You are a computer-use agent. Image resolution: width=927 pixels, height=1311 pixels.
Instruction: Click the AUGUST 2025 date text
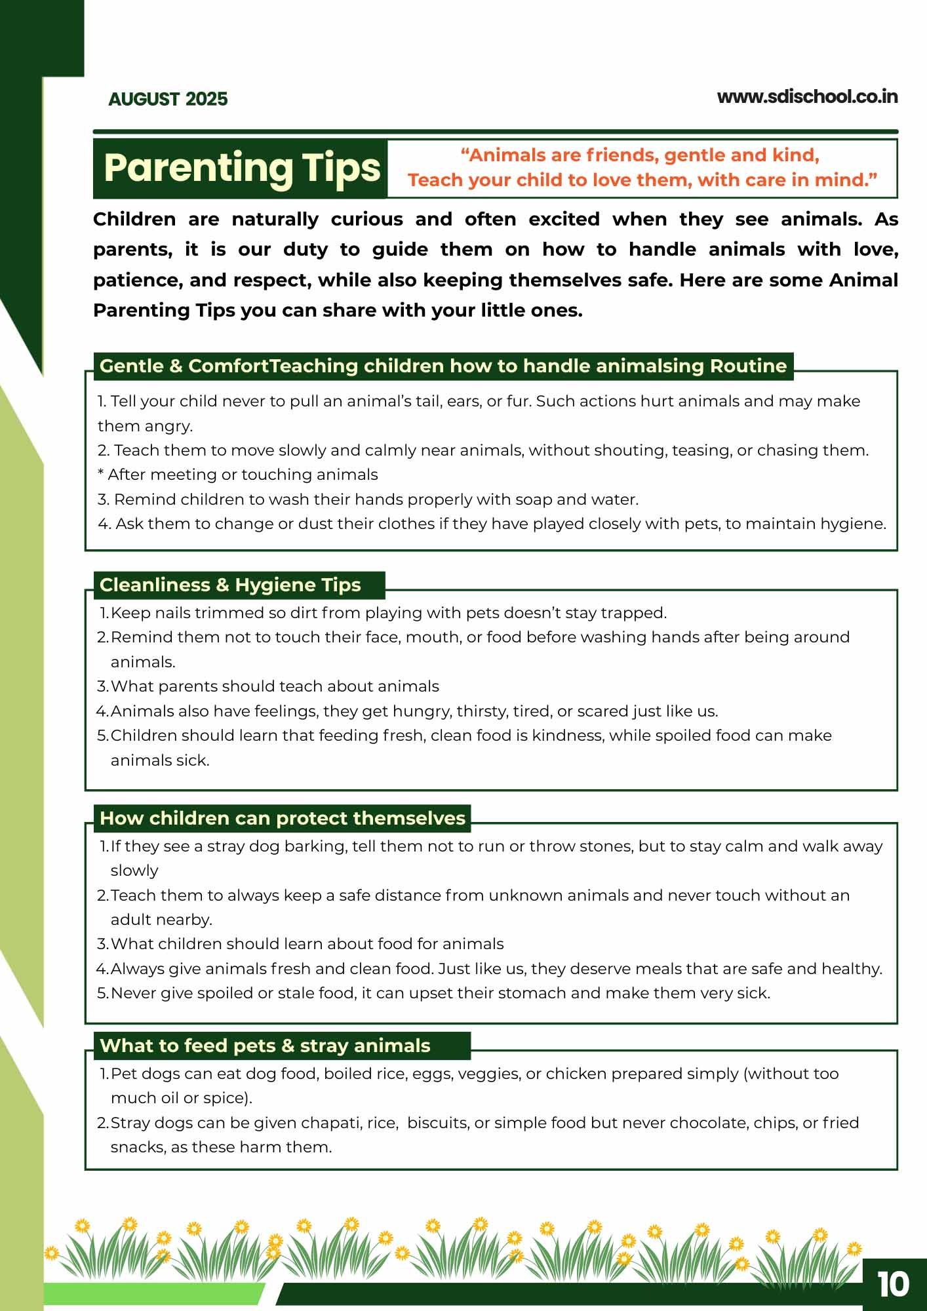pos(168,99)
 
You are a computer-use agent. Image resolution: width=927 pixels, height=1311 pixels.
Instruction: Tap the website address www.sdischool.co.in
pos(807,97)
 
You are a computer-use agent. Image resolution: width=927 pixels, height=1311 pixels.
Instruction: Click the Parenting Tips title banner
pos(241,168)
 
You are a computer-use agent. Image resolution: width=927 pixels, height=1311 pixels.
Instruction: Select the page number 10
pos(893,1285)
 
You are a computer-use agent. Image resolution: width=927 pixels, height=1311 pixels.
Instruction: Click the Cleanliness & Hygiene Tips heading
pos(230,585)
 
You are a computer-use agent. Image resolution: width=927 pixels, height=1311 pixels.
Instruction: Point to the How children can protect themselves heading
pos(283,818)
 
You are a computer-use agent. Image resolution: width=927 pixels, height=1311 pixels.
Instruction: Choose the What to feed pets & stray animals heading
pos(265,1046)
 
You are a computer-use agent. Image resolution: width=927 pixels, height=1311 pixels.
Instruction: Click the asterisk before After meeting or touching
pos(101,473)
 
